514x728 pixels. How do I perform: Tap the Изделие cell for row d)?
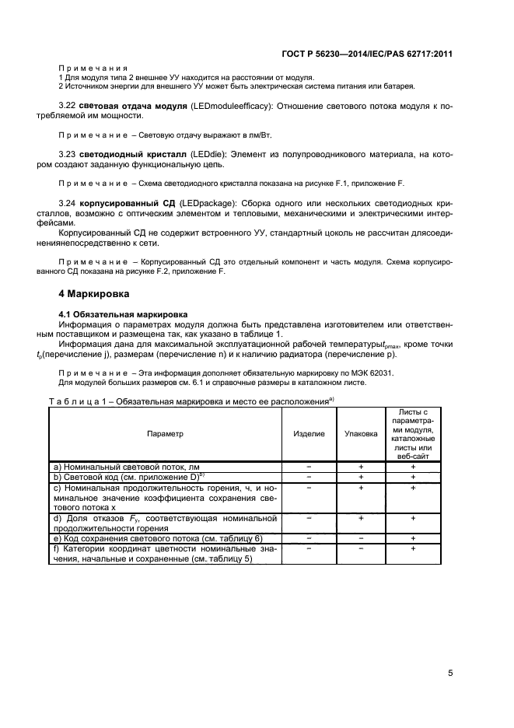coord(309,517)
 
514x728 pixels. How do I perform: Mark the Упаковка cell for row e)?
coord(361,537)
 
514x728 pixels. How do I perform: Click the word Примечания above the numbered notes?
coord(93,68)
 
